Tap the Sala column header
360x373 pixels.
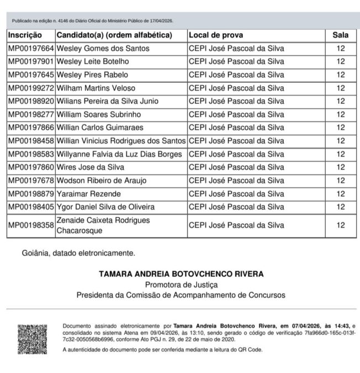coord(340,35)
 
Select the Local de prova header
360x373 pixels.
coord(214,35)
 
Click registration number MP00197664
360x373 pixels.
coord(31,48)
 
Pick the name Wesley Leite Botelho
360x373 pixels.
coord(93,61)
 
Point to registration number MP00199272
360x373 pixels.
coord(31,88)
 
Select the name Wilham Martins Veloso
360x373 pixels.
coord(96,88)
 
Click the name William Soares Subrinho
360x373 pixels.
coord(99,114)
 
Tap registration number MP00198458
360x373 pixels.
coord(31,141)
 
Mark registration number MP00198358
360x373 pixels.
coord(31,225)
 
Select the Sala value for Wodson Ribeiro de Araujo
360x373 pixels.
coord(340,180)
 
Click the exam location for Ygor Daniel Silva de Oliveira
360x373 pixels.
coord(236,207)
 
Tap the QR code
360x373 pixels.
coord(33,339)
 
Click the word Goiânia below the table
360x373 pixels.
coord(38,253)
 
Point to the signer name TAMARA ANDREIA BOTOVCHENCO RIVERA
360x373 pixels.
coord(181,274)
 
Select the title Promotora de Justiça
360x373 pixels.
coord(181,284)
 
